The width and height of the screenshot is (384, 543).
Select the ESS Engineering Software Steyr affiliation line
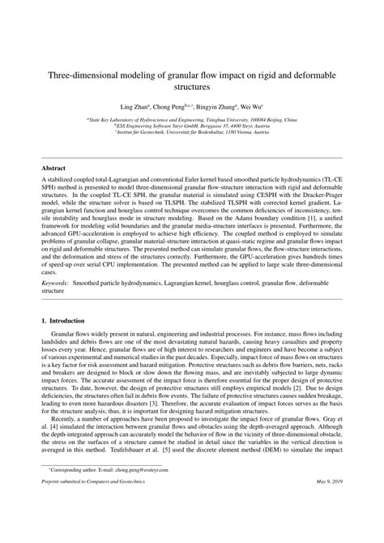coord(192,126)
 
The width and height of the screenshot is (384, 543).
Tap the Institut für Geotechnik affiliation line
coord(192,132)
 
